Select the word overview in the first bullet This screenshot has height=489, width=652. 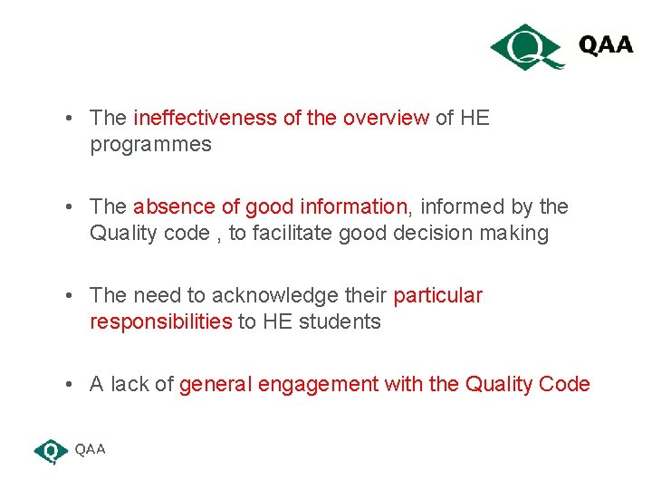pos(385,118)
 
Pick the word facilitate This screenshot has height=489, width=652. pos(292,234)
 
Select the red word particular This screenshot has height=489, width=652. pos(437,295)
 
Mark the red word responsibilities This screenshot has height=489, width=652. pos(161,322)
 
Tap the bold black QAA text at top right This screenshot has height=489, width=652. pos(606,45)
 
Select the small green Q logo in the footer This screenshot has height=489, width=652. pos(51,450)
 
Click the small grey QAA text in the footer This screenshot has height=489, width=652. pos(90,449)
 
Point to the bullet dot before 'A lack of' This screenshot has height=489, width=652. pos(70,385)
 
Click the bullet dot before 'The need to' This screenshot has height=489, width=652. pos(70,296)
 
